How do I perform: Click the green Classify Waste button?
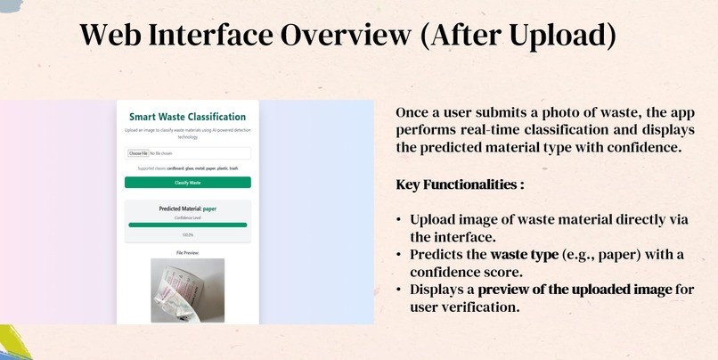[x=187, y=183]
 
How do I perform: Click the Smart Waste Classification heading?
[x=187, y=117]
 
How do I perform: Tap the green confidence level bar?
[x=187, y=225]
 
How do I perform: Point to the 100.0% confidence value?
[x=187, y=235]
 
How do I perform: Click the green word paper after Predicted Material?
[x=209, y=209]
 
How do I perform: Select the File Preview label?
[x=187, y=253]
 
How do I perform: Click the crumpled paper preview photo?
[x=187, y=290]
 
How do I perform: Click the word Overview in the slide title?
[x=343, y=36]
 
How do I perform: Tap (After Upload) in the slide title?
[x=518, y=36]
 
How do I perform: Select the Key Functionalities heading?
[x=459, y=185]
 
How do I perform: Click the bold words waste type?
[x=522, y=255]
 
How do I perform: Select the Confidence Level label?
[x=187, y=217]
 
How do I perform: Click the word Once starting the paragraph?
[x=414, y=114]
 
